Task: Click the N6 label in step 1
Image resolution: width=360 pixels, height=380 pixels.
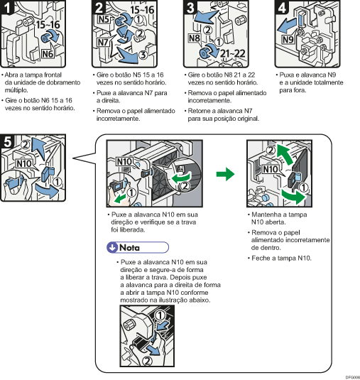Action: (48, 53)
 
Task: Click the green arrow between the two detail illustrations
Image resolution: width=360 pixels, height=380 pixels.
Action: (225, 173)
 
